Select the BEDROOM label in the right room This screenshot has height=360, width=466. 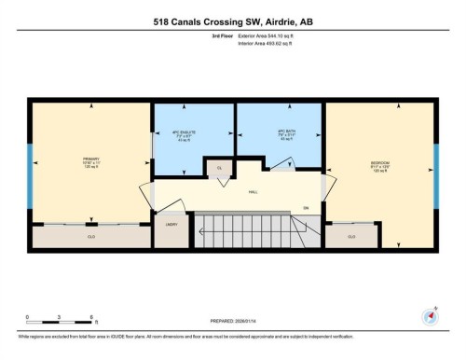coord(379,165)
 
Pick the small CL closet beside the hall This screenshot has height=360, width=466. coord(219,168)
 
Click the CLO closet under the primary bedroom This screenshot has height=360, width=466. coord(89,236)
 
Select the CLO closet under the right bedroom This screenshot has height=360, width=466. coord(351,236)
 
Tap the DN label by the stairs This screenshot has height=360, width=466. coord(305,208)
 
